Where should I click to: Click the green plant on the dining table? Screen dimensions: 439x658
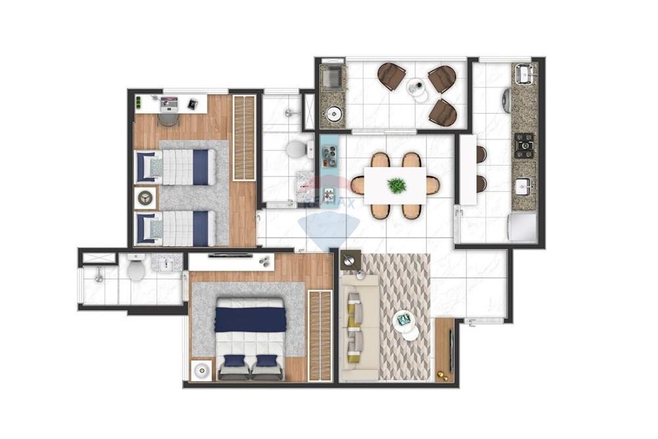pyautogui.click(x=397, y=186)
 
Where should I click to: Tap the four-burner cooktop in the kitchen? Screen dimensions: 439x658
pyautogui.click(x=524, y=145)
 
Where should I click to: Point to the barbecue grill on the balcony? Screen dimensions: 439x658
pyautogui.click(x=333, y=78)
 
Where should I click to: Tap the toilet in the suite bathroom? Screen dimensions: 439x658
pyautogui.click(x=136, y=269)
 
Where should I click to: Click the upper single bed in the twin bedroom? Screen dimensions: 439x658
pyautogui.click(x=176, y=167)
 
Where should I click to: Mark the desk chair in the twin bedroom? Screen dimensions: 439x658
pyautogui.click(x=168, y=119)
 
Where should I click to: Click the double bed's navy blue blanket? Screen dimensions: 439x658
pyautogui.click(x=250, y=319)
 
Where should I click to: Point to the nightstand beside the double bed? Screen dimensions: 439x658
pyautogui.click(x=201, y=371)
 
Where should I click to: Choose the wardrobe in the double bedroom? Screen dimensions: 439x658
pyautogui.click(x=320, y=335)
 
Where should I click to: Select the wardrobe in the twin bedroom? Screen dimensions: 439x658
pyautogui.click(x=243, y=138)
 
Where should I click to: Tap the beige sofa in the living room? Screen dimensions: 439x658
pyautogui.click(x=359, y=328)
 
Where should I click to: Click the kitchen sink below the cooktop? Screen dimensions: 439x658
pyautogui.click(x=524, y=186)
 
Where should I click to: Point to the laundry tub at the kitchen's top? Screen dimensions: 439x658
pyautogui.click(x=524, y=74)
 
